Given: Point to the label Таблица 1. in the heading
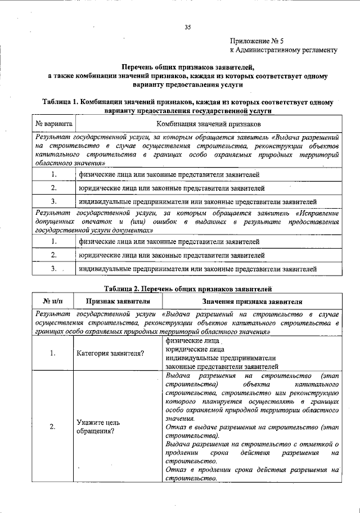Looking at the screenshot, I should (x=59, y=102).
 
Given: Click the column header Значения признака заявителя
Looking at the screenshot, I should (x=252, y=301).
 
